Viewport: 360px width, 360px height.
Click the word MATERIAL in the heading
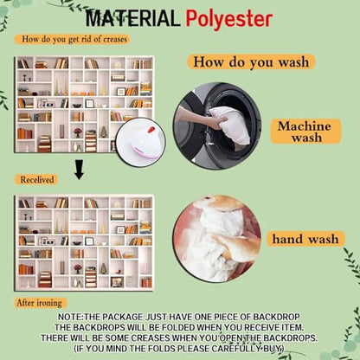[132, 18]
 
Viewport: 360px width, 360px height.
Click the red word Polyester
[229, 20]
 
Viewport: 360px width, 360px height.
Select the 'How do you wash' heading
[251, 61]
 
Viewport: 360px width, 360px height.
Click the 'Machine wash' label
[305, 132]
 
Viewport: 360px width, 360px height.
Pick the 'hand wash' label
[305, 239]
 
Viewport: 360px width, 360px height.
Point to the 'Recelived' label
[36, 179]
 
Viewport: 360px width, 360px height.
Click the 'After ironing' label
[40, 303]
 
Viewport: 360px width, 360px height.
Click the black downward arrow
[79, 170]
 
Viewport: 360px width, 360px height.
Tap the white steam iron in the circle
[141, 142]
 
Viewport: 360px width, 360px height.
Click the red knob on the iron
[151, 130]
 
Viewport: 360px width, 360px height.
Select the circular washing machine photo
[217, 125]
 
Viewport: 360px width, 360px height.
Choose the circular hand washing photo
[217, 239]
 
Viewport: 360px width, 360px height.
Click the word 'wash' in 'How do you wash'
[293, 62]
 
